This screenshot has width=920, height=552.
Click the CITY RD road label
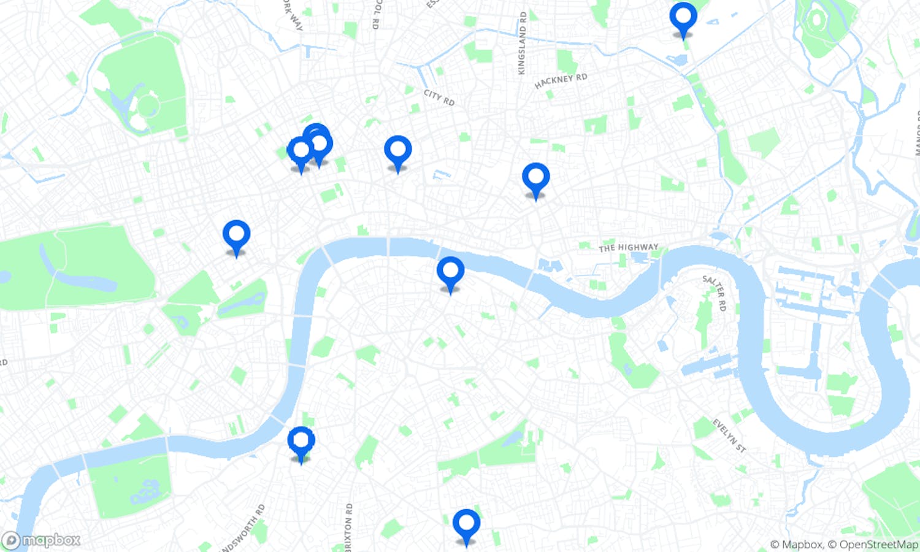point(439,97)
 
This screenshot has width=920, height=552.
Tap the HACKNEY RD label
point(561,81)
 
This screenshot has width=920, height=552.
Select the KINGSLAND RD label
point(522,43)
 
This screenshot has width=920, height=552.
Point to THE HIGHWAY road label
point(628,247)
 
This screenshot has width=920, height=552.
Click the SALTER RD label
point(715,293)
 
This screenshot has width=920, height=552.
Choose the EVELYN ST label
point(729,435)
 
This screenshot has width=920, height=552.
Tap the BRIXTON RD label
point(348,526)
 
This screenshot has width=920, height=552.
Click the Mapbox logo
point(42,540)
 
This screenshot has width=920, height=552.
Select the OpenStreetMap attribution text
point(878,544)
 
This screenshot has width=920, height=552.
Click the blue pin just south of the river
point(450,270)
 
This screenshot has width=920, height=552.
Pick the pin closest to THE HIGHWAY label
point(535,177)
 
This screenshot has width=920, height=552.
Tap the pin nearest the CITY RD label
point(397,150)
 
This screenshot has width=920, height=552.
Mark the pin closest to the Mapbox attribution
point(466,524)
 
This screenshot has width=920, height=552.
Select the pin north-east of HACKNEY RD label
point(683,17)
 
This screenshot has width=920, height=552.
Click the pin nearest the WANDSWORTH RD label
point(301,441)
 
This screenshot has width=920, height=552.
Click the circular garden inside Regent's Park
point(148,105)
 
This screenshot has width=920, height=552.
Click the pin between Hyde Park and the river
point(236,234)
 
